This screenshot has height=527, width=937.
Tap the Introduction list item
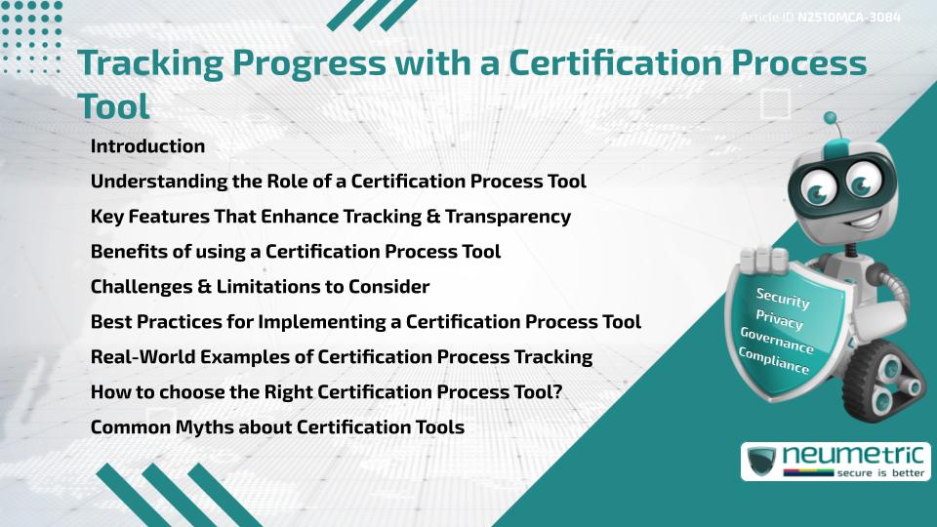(x=147, y=146)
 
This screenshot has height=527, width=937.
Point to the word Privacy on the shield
(x=779, y=319)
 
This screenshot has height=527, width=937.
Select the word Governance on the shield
(x=777, y=341)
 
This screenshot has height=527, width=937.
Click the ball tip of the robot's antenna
(x=831, y=118)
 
